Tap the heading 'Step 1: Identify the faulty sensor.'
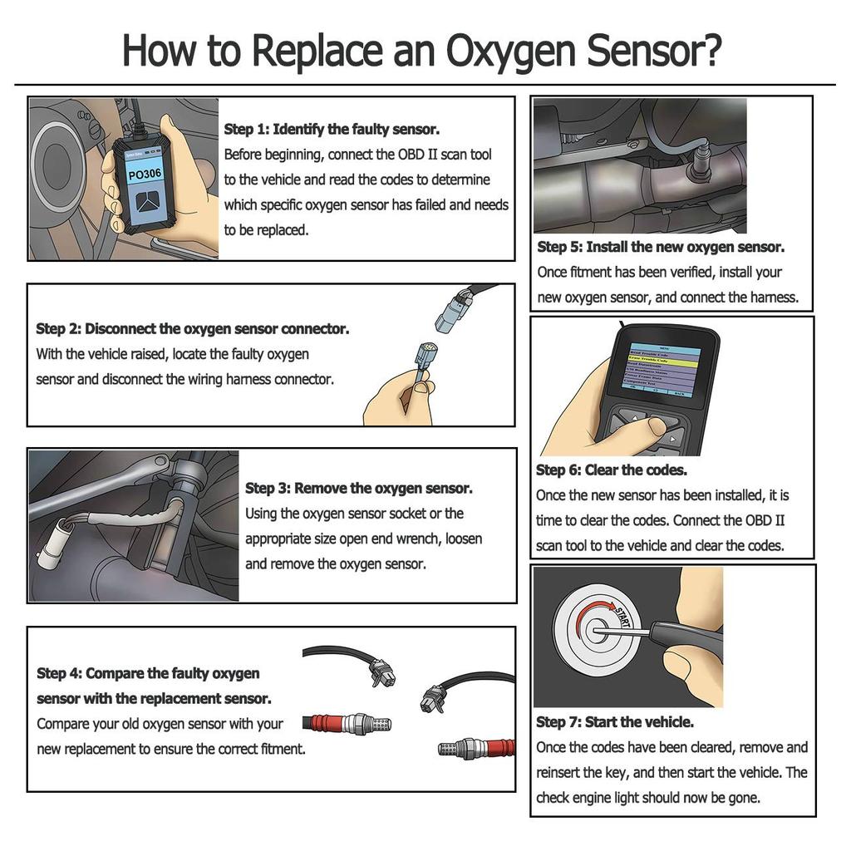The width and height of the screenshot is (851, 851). (x=332, y=130)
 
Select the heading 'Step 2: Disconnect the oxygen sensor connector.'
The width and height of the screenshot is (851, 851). (x=193, y=329)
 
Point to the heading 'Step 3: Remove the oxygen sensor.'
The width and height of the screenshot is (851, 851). (x=358, y=489)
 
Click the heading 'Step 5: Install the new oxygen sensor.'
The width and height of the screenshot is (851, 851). (x=661, y=247)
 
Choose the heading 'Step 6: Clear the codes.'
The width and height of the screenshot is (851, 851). (x=612, y=470)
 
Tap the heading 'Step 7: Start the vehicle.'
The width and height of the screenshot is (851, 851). (x=615, y=722)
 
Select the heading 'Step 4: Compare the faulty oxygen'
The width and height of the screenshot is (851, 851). (x=148, y=673)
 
